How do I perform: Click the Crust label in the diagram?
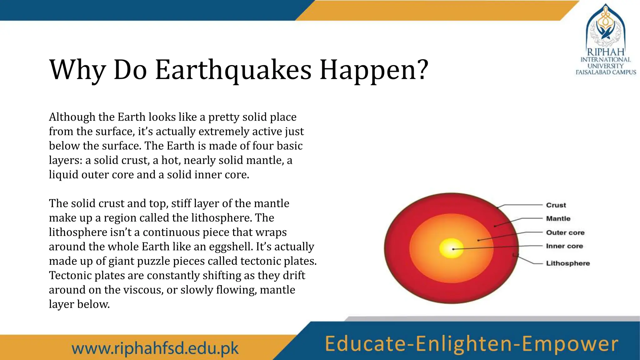click(556, 205)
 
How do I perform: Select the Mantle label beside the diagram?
click(558, 219)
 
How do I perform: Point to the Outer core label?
click(565, 232)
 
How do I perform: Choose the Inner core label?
click(564, 246)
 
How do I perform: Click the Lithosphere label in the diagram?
click(568, 263)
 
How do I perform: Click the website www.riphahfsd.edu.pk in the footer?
click(155, 348)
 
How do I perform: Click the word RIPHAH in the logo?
click(605, 52)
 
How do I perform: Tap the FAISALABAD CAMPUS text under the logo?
click(606, 72)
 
